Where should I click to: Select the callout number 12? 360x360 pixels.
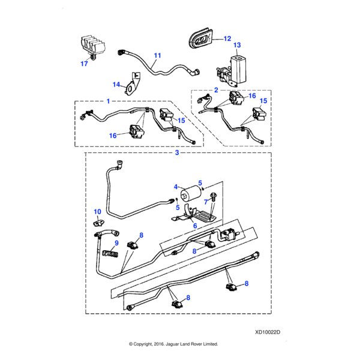[x=227, y=39]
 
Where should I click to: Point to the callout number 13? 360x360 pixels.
[x=236, y=46]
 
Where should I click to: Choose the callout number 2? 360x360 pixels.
[x=215, y=90]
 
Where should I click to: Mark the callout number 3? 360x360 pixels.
[x=177, y=153]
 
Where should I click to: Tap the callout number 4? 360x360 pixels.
[x=175, y=187]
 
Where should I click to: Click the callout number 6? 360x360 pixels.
[x=194, y=226]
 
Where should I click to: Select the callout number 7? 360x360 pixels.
[x=206, y=202]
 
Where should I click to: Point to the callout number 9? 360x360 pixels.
[x=117, y=243]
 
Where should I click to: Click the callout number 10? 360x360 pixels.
[x=97, y=212]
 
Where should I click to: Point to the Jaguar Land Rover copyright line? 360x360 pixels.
[x=173, y=344]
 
